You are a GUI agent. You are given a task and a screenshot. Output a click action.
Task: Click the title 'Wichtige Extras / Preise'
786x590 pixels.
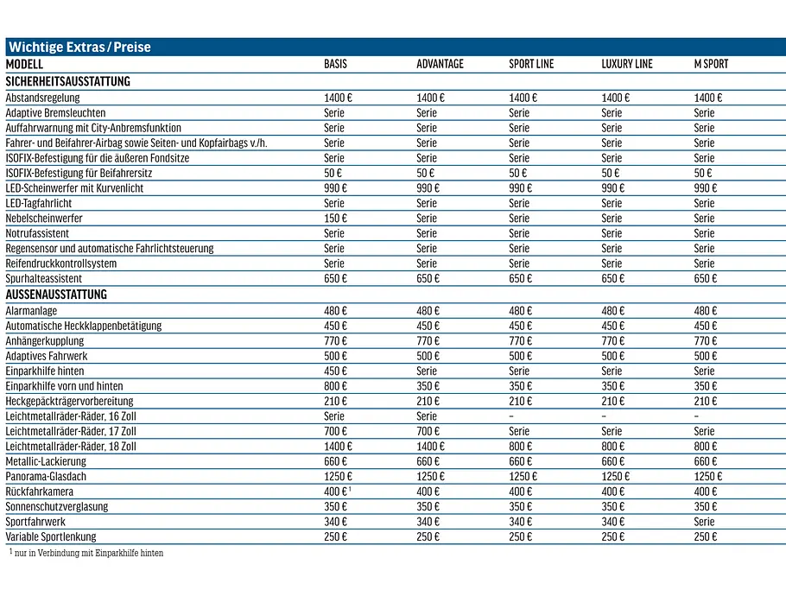[79, 48]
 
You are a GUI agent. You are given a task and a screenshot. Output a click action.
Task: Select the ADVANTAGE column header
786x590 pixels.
[441, 64]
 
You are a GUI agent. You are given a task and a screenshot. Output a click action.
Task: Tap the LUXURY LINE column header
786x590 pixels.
[627, 64]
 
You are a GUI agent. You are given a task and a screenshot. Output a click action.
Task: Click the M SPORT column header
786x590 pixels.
[711, 64]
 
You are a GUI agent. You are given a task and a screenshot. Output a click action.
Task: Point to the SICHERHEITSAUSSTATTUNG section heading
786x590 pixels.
[67, 81]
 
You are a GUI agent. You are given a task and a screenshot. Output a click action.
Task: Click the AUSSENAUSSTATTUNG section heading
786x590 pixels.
[56, 295]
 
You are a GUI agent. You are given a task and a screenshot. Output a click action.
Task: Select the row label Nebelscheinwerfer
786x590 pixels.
[44, 218]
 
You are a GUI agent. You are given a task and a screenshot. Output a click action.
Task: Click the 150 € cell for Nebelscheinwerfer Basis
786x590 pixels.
[335, 218]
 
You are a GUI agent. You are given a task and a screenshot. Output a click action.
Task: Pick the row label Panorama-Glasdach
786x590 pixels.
[46, 476]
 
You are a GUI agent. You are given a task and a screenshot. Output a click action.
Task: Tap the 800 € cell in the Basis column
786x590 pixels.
[335, 386]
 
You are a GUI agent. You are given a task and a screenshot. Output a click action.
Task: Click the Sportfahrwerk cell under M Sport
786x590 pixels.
[704, 522]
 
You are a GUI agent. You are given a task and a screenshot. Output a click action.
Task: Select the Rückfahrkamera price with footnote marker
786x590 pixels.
[338, 492]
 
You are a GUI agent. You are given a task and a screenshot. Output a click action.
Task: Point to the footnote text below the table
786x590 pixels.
[86, 553]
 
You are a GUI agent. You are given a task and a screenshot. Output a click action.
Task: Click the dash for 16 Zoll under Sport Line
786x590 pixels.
[511, 416]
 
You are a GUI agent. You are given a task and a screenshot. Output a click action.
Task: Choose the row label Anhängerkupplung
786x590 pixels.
[45, 341]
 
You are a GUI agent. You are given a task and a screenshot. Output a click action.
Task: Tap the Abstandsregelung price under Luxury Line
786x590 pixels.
[616, 98]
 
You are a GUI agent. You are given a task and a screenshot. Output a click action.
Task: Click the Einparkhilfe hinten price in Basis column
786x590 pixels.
[335, 371]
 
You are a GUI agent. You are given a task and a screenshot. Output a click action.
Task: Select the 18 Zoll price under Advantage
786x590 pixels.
[431, 446]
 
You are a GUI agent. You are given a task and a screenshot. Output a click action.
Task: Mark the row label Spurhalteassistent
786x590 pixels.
[43, 278]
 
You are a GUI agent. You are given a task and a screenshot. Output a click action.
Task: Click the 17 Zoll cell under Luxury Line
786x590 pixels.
[612, 431]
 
